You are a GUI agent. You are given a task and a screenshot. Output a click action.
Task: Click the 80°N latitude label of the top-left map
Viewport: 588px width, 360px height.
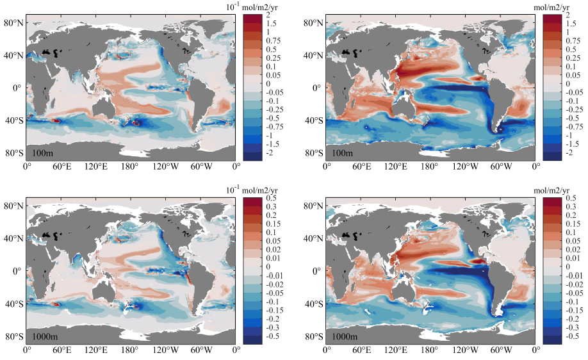point(13,23)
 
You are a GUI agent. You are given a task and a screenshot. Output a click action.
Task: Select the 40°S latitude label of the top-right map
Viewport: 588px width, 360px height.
point(313,120)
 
